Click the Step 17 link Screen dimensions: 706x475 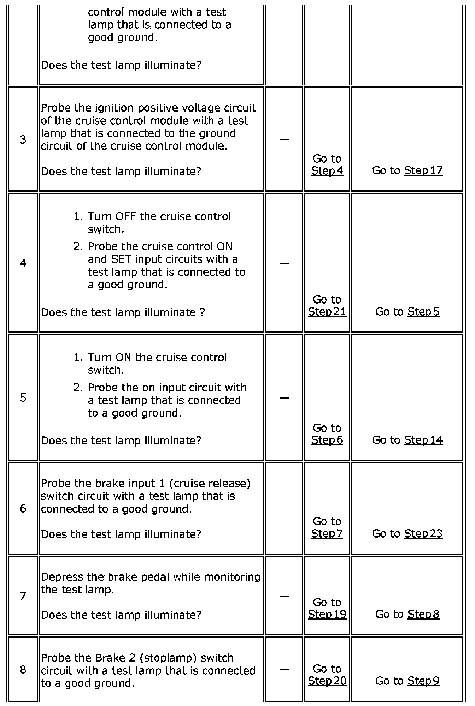pyautogui.click(x=423, y=171)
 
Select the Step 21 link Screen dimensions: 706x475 pyautogui.click(x=327, y=312)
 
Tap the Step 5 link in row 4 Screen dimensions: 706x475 pyautogui.click(x=423, y=312)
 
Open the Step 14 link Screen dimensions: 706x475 pyautogui.click(x=423, y=440)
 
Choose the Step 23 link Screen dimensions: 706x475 pyautogui.click(x=423, y=533)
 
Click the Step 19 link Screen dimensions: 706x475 pyautogui.click(x=327, y=614)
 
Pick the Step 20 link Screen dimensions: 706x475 pyautogui.click(x=327, y=681)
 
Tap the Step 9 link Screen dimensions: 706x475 pyautogui.click(x=423, y=681)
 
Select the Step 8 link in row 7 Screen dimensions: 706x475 pyautogui.click(x=423, y=614)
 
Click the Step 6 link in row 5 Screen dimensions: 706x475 pyautogui.click(x=327, y=440)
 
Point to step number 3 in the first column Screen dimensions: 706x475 pyautogui.click(x=23, y=140)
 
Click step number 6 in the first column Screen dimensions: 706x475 pyautogui.click(x=23, y=509)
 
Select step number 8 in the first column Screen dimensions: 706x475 pyautogui.click(x=23, y=670)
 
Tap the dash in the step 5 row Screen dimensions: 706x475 pyautogui.click(x=284, y=398)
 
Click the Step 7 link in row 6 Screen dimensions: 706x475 pyautogui.click(x=327, y=533)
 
